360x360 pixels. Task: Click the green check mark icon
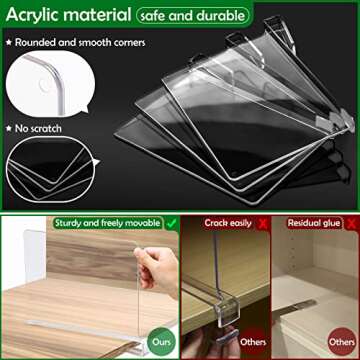(x=171, y=222)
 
